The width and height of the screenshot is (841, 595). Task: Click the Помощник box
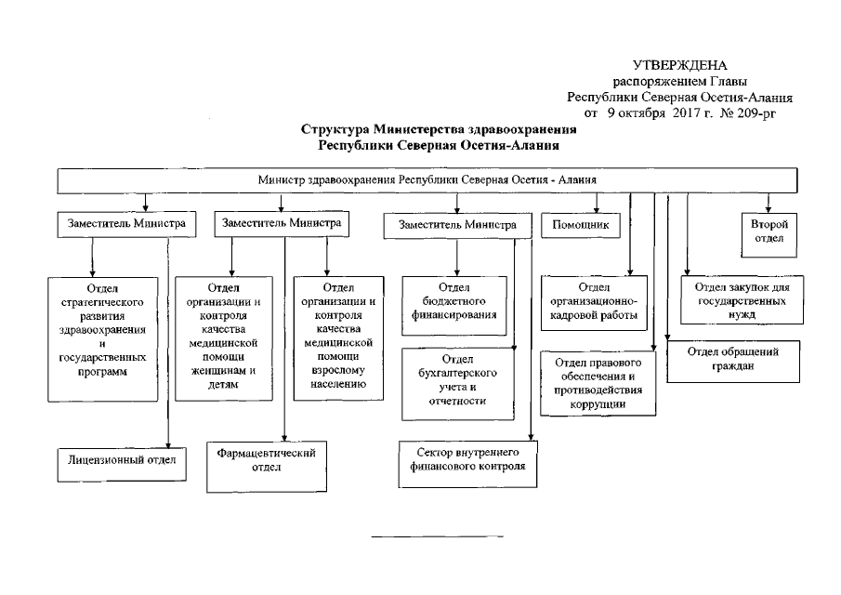pyautogui.click(x=581, y=225)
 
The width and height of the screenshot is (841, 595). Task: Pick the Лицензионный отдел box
pyautogui.click(x=115, y=459)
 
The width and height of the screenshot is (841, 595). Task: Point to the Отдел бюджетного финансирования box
pyautogui.click(x=453, y=302)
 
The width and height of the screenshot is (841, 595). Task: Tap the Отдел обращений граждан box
pyautogui.click(x=733, y=358)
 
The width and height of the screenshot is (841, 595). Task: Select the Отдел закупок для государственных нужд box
pyautogui.click(x=742, y=302)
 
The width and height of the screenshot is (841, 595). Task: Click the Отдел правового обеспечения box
pyautogui.click(x=598, y=381)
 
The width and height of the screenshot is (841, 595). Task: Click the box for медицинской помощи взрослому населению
pyautogui.click(x=337, y=337)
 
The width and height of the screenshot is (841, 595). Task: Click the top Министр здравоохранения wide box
pyautogui.click(x=427, y=179)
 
